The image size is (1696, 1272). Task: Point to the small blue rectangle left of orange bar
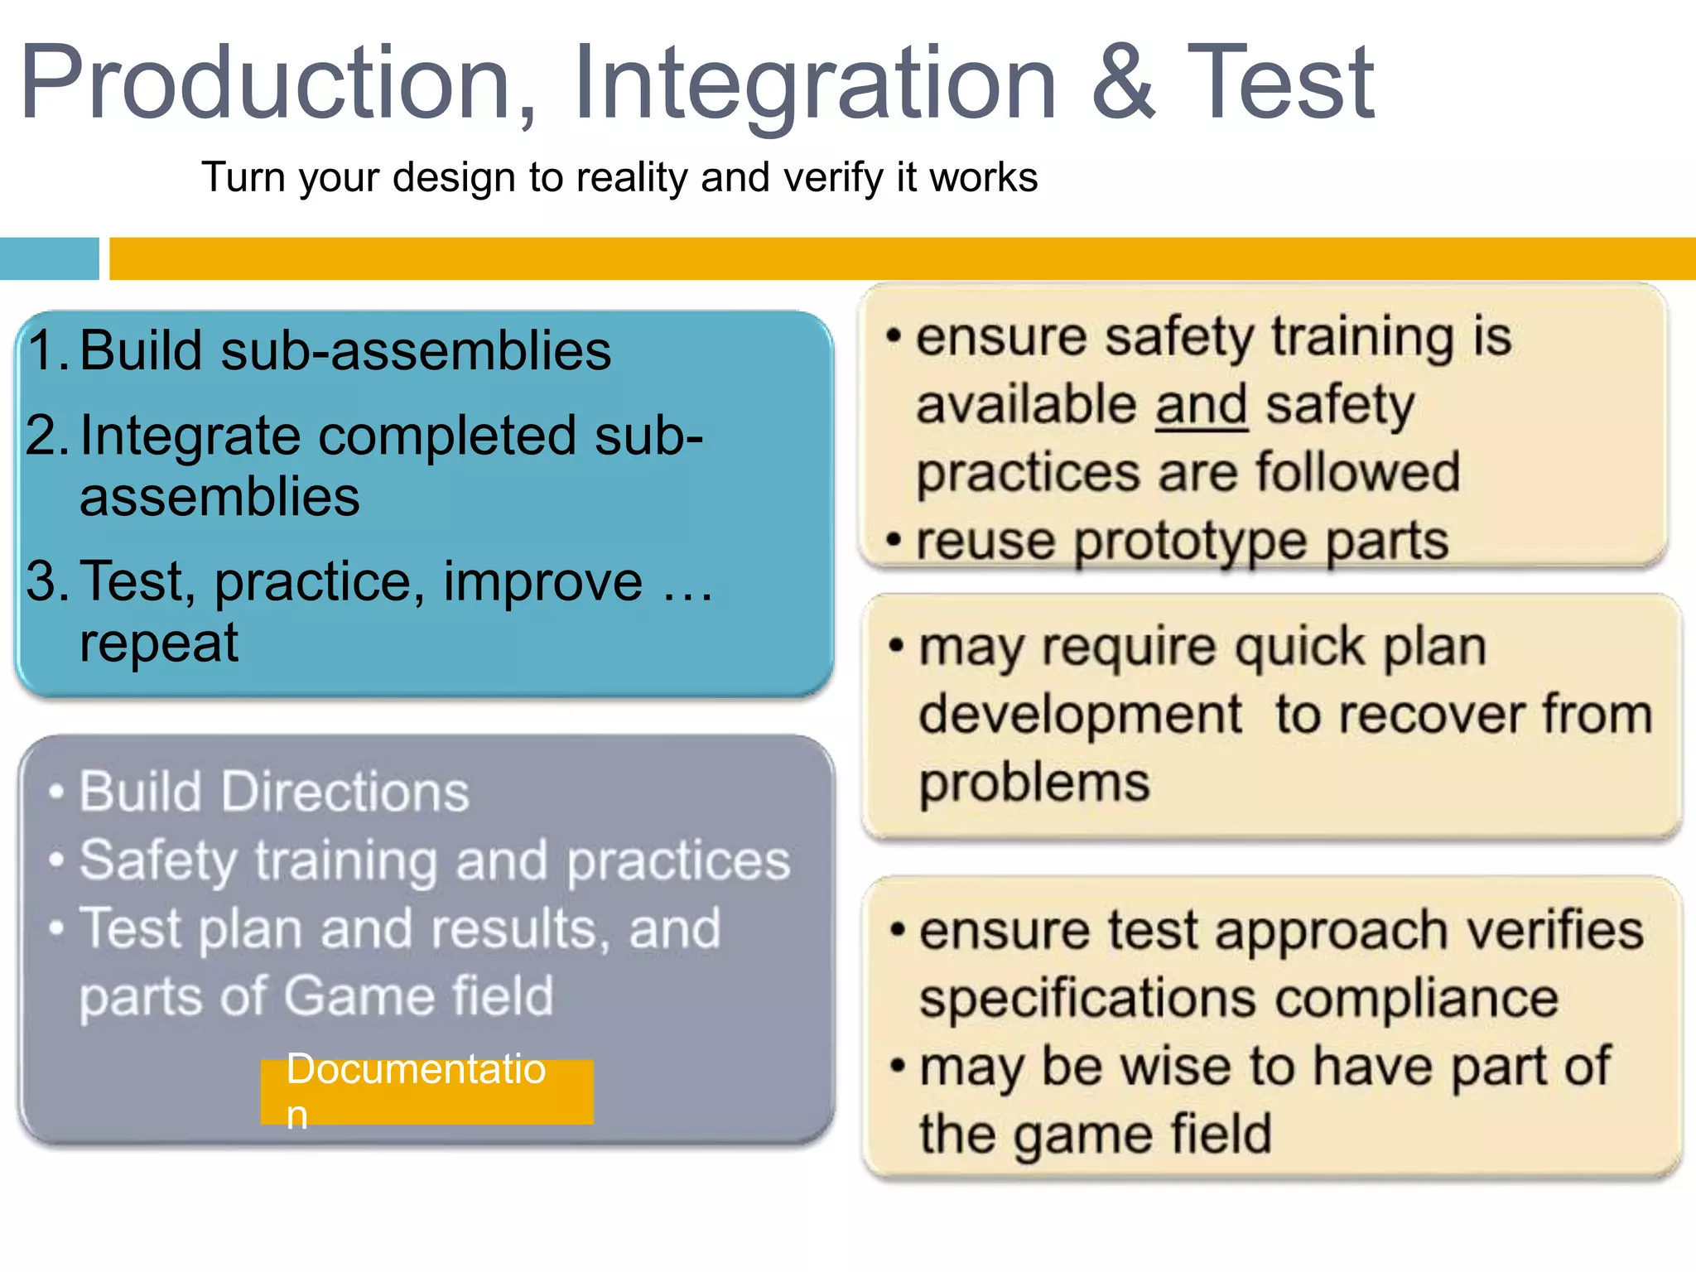pyautogui.click(x=49, y=258)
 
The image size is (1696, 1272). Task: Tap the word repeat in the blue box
pyautogui.click(x=158, y=643)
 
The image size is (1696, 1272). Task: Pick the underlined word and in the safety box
pyautogui.click(x=1201, y=405)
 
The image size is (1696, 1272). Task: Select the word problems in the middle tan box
pyautogui.click(x=1034, y=783)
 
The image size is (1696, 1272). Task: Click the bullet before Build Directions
pyautogui.click(x=56, y=792)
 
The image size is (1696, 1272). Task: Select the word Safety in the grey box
pyautogui.click(x=157, y=861)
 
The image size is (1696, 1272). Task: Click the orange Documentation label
pyautogui.click(x=426, y=1091)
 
